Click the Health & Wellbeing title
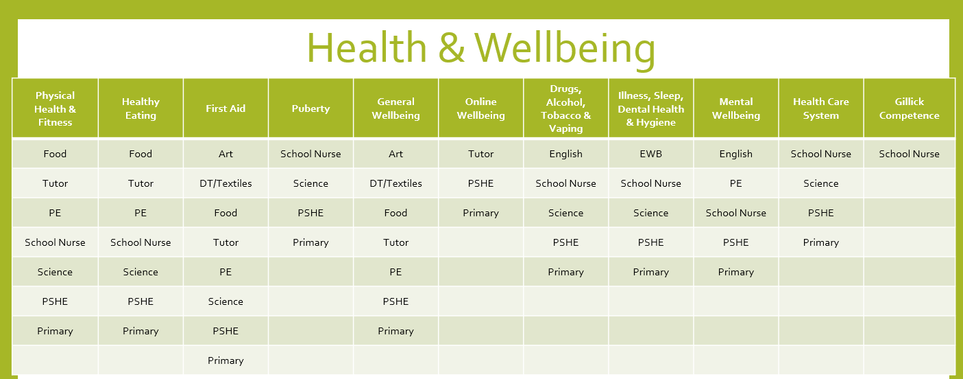coord(480,49)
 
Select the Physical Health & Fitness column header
coord(55,108)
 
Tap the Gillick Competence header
coord(909,108)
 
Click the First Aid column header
coord(225,108)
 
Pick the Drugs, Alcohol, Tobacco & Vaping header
coord(565,108)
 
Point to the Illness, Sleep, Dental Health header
coord(650,108)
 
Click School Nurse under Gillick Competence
coord(909,154)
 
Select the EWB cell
coord(650,154)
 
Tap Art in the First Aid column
coord(225,154)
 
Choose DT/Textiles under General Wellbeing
coord(395,183)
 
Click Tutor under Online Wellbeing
coord(480,154)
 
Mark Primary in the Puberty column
coord(310,242)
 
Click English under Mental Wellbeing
coord(735,154)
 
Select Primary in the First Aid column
coord(225,360)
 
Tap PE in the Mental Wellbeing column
coord(735,183)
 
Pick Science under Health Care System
coord(820,183)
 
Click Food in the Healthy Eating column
coord(141,154)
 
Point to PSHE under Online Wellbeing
coord(480,183)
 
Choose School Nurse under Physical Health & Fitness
coord(55,242)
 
